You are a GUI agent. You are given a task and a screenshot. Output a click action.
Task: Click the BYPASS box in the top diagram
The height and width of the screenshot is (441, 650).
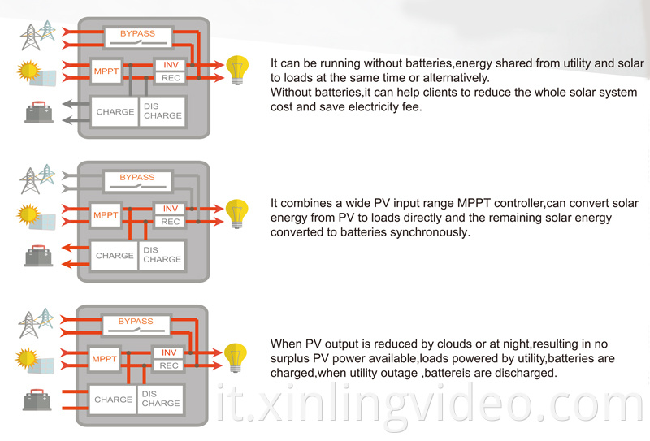pos(138,37)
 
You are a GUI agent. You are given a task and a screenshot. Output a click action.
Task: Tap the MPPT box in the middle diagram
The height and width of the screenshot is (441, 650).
pos(106,214)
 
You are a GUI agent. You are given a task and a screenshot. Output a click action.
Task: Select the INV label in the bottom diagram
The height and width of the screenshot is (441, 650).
pos(169,352)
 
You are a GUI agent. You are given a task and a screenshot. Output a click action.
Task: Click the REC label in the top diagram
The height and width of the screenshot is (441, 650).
pos(171,78)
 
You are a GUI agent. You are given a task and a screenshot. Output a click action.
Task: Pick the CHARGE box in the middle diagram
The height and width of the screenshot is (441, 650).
pos(115,256)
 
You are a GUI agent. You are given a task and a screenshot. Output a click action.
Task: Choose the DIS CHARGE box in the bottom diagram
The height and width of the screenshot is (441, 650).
pos(160,399)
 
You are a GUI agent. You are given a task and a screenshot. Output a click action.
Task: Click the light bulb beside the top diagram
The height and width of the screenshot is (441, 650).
pos(237,70)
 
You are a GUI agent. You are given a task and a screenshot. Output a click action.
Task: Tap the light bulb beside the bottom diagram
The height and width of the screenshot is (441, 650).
pos(236,357)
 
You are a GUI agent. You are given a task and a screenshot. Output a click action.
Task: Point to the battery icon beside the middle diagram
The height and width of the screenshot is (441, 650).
pos(38,255)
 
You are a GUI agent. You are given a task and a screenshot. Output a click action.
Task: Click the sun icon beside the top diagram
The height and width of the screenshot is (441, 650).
pos(28,70)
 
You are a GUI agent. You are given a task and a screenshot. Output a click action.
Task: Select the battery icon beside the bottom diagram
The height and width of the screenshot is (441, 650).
pos(37,400)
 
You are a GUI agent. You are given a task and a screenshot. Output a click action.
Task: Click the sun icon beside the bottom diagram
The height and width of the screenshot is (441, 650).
pos(27,358)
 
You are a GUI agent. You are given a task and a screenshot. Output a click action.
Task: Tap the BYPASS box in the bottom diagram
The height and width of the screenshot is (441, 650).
pos(136,325)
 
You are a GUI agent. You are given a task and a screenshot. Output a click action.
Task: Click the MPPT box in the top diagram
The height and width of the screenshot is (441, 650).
pos(106,71)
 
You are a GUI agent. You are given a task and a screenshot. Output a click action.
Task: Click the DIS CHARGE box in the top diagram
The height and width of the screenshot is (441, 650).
pos(162,111)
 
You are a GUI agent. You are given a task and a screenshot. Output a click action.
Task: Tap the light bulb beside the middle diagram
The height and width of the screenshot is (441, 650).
pos(236,214)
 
